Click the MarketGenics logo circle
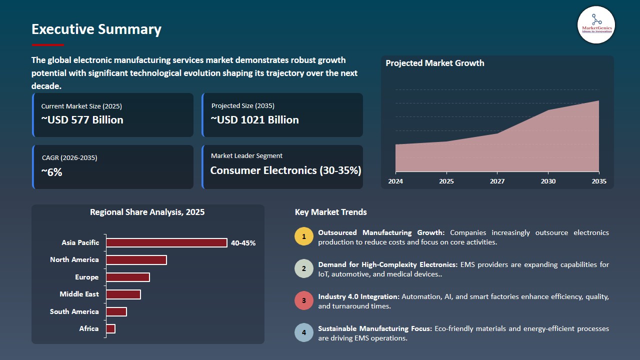coord(596,25)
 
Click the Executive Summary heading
coord(96,29)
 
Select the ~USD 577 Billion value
coord(82,120)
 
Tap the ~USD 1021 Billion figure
coord(254,120)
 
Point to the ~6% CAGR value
coord(51,172)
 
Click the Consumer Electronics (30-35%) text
coord(285,170)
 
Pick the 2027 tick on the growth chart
coord(497,181)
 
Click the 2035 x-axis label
coord(598,181)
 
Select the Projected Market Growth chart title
coord(434,63)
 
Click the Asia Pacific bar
coord(166,242)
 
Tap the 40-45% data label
coord(243,243)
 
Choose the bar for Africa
coord(110,328)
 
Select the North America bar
coord(136,260)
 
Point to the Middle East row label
coord(79,294)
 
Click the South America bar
coord(116,311)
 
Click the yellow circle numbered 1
coord(303,236)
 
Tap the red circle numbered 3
coord(303,301)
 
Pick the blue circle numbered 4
coord(303,333)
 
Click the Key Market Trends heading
coord(330,212)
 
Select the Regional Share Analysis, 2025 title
coord(147,212)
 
